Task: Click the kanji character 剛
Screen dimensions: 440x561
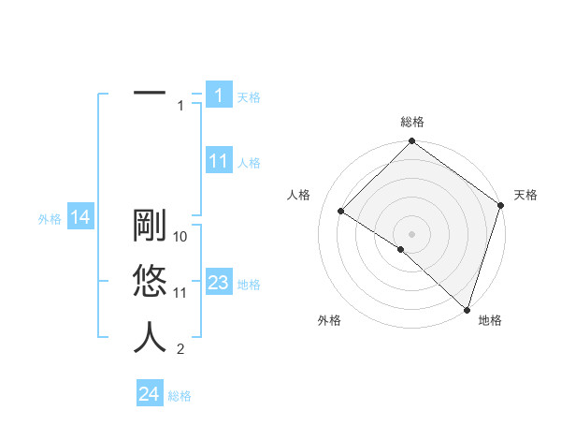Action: click(150, 228)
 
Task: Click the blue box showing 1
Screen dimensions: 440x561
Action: click(218, 95)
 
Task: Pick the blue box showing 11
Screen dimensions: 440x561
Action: click(218, 161)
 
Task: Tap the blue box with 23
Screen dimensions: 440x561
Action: click(218, 283)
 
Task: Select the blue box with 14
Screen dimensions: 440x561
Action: click(80, 218)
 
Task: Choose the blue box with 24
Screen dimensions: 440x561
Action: click(149, 394)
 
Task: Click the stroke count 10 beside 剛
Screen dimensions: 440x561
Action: click(181, 238)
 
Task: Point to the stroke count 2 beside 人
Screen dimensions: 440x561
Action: click(180, 350)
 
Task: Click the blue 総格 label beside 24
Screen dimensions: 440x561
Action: click(180, 396)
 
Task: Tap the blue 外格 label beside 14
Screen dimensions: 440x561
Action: click(50, 219)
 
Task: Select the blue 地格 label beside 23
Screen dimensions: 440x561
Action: click(249, 285)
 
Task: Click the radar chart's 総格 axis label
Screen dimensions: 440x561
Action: click(412, 122)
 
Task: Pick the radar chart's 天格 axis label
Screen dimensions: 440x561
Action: click(526, 195)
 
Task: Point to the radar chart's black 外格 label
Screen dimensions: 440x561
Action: click(329, 320)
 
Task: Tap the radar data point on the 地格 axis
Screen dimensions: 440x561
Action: click(466, 308)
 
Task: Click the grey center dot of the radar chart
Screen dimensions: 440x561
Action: click(412, 233)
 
